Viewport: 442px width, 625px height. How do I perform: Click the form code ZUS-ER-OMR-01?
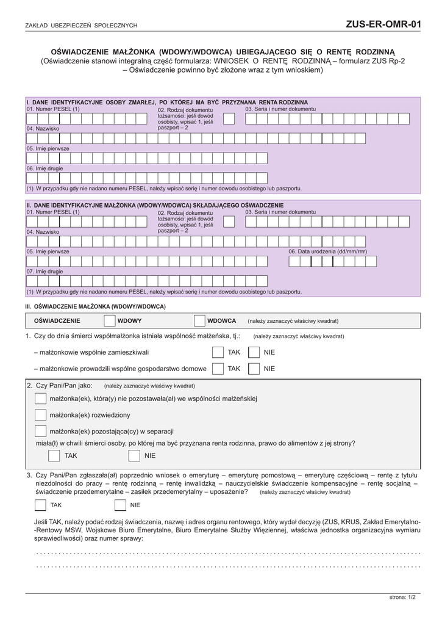(383, 24)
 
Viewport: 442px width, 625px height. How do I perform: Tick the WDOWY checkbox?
(110, 320)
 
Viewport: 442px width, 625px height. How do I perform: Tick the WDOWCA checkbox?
(199, 320)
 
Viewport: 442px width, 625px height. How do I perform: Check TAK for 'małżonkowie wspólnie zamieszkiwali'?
(218, 352)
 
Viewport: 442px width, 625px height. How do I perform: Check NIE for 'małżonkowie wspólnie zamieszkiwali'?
(254, 352)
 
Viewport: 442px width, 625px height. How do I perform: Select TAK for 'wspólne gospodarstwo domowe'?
(218, 369)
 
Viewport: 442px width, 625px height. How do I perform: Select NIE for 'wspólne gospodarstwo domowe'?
(254, 369)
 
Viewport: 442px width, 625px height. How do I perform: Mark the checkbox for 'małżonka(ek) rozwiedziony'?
(40, 415)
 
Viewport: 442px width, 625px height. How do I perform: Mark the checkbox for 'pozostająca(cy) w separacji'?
(40, 432)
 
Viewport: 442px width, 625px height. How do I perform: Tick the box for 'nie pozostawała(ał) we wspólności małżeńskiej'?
(40, 399)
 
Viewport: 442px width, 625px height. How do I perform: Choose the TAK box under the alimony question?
(54, 456)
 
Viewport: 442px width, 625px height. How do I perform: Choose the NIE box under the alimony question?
(134, 456)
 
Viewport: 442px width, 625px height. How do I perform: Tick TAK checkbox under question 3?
(40, 505)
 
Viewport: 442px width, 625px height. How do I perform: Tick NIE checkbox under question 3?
(121, 505)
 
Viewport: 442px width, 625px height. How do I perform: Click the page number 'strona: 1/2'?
(402, 597)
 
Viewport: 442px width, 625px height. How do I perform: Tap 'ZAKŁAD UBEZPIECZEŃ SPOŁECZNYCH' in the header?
(81, 26)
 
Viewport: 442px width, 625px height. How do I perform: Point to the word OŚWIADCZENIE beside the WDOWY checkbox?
(57, 320)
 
